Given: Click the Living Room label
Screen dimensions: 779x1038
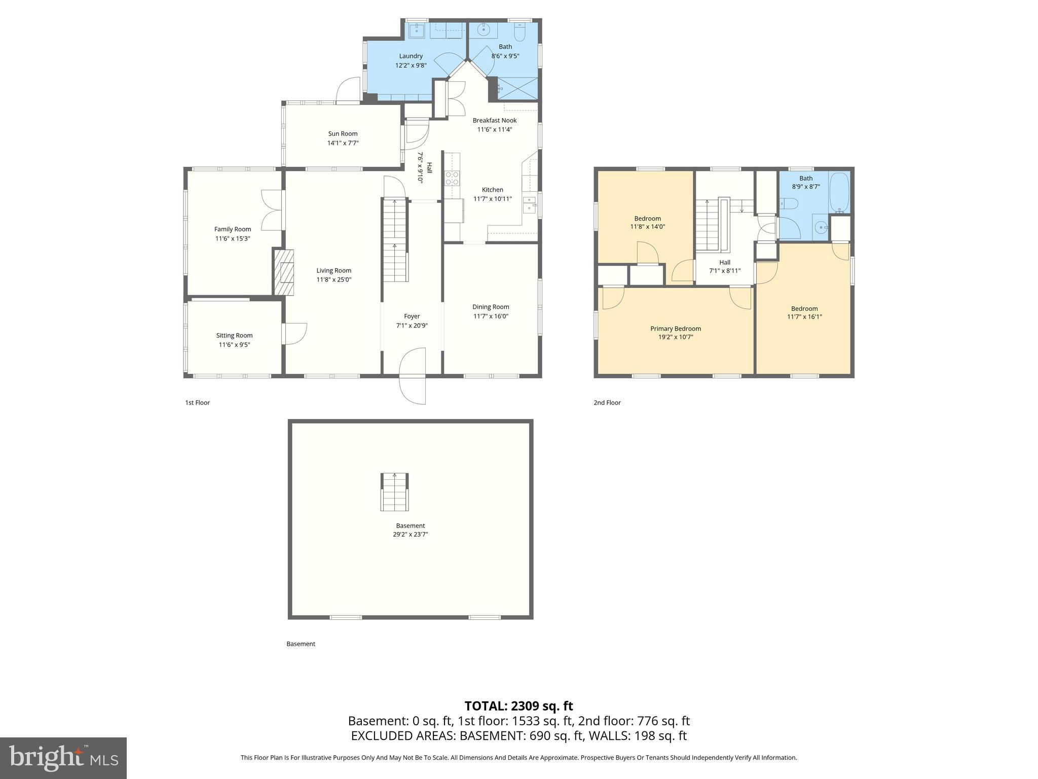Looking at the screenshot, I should (333, 270).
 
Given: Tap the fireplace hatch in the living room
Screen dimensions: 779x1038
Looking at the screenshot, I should (284, 272).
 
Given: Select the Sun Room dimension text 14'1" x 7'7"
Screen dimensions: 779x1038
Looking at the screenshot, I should (343, 143).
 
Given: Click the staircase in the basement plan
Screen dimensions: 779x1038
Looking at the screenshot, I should (394, 491).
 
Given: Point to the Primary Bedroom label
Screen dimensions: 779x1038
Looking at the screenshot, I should (675, 329).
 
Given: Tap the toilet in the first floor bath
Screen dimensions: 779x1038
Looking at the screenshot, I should (520, 33).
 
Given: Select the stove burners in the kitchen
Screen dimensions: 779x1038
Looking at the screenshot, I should (452, 178).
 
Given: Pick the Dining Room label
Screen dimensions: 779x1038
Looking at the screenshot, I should (490, 307).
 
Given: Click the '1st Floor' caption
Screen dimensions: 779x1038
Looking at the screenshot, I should (197, 403).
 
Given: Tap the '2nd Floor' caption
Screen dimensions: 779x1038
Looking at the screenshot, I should (607, 403).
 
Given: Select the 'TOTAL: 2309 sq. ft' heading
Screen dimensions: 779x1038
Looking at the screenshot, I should (518, 706).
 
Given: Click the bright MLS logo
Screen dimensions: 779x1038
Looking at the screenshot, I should (63, 758).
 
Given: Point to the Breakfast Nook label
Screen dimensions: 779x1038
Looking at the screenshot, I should (494, 120).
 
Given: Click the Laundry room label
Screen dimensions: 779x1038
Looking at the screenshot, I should (411, 56).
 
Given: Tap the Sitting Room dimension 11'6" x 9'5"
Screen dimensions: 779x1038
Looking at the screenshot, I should (234, 345).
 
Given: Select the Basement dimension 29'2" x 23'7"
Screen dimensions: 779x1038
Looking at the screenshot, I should (410, 534).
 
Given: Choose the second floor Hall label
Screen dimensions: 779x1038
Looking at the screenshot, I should (724, 262).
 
